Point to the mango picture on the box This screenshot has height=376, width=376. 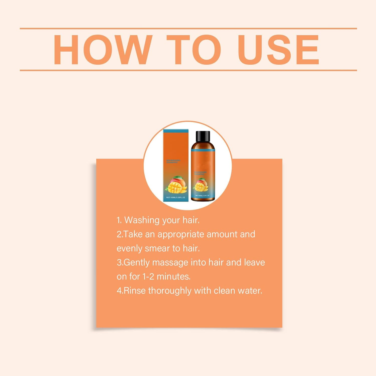[176, 185]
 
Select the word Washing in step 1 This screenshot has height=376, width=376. [142, 220]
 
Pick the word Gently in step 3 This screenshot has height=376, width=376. [137, 262]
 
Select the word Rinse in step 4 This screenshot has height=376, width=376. [135, 291]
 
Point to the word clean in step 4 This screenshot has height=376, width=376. [224, 291]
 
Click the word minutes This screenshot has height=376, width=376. [173, 276]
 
